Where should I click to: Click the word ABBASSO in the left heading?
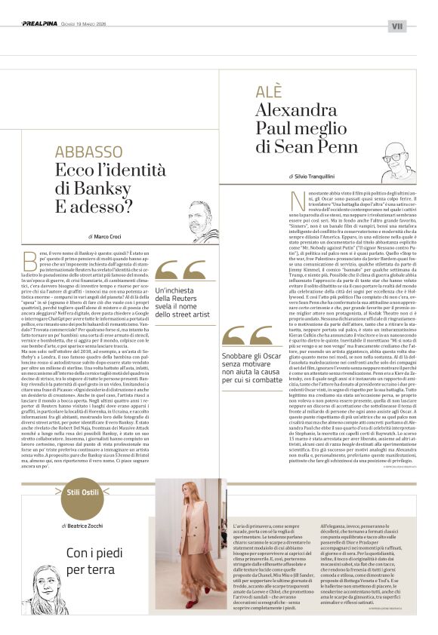click(x=89, y=153)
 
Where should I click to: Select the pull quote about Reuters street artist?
click(x=188, y=302)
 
